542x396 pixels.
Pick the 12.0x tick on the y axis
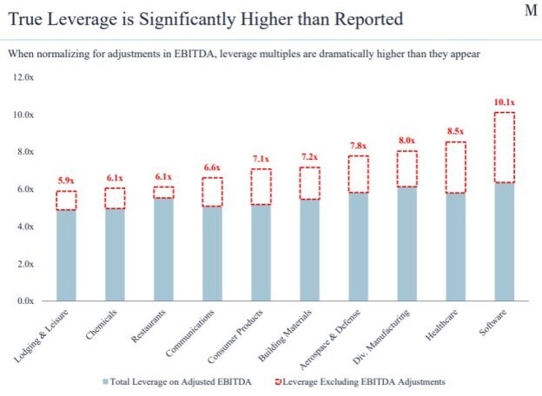[22, 77]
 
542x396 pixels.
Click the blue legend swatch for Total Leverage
[106, 381]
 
